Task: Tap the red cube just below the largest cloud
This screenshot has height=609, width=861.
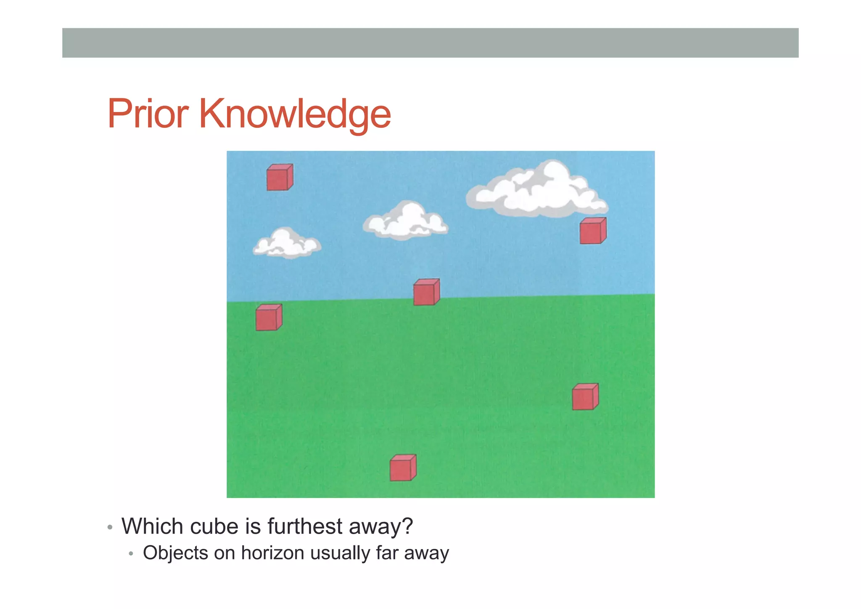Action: (x=592, y=231)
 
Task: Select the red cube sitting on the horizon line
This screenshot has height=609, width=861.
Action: (x=426, y=292)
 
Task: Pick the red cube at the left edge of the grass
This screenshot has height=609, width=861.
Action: (x=268, y=318)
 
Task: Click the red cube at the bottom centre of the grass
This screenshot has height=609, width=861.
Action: (x=402, y=468)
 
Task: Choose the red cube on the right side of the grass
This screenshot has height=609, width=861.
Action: (x=585, y=397)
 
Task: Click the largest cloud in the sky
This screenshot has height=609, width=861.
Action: (x=537, y=191)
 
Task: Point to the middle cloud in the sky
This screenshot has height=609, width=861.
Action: (x=405, y=221)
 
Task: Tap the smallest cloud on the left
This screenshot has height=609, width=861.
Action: (x=287, y=244)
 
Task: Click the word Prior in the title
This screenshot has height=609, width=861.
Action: (x=148, y=114)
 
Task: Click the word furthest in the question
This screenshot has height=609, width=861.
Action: (x=305, y=527)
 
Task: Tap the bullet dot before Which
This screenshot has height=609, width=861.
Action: (x=110, y=528)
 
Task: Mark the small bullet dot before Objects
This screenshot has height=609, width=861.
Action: (x=131, y=554)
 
